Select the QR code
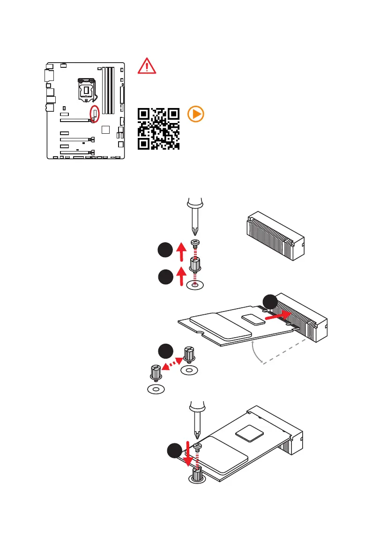point(158,128)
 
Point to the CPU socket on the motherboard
point(87,89)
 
